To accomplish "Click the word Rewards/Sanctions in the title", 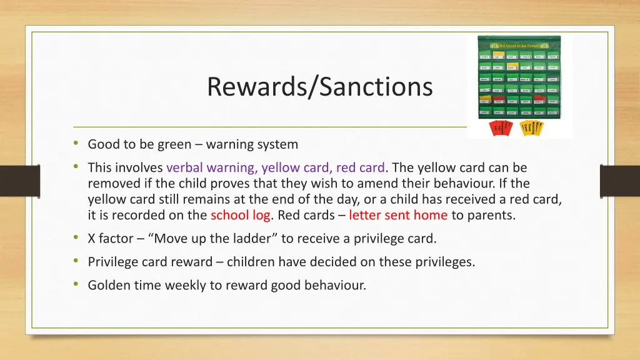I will point(319,86).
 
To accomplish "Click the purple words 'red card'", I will point(361,167).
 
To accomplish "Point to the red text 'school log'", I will point(240,215).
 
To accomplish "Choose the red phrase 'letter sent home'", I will point(398,215).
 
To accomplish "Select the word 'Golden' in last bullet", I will point(107,286).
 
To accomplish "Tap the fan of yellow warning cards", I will point(532,127).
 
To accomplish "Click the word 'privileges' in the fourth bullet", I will point(444,262).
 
